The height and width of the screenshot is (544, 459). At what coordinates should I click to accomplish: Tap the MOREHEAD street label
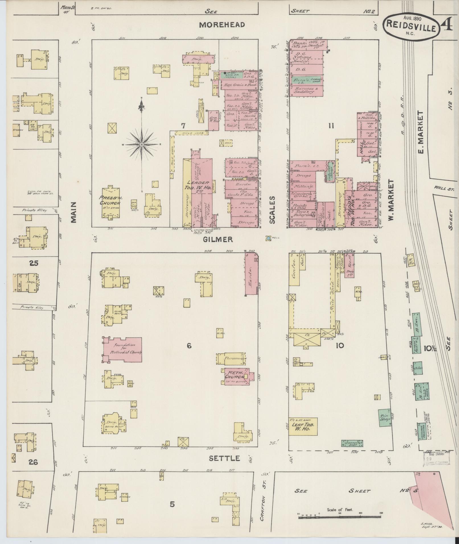tap(222, 25)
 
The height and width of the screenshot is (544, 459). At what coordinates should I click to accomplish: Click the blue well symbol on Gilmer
tap(268, 238)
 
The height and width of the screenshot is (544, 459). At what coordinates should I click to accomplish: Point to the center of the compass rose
tap(141, 144)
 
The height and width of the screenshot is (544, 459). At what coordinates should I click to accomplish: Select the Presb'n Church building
tap(110, 202)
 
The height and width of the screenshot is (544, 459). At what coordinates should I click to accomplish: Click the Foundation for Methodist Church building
tap(122, 349)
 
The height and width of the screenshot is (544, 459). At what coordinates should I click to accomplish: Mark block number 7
tap(184, 126)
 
